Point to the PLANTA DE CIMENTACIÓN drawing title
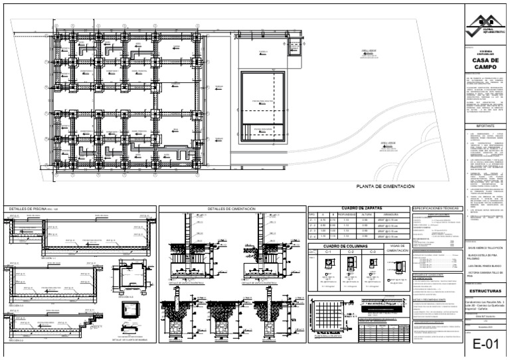(385, 187)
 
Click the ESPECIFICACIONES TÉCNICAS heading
(436, 208)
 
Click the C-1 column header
(327, 253)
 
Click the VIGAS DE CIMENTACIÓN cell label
(397, 250)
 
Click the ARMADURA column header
(391, 215)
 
